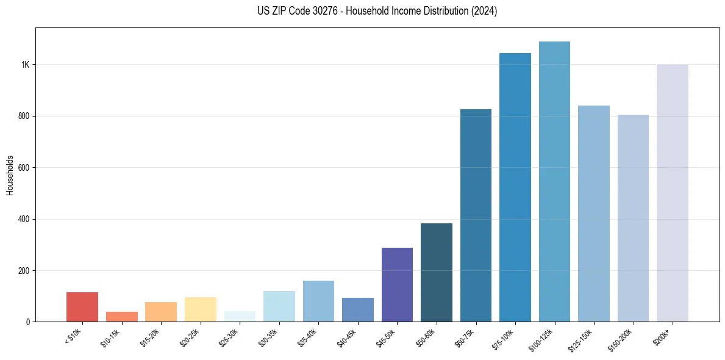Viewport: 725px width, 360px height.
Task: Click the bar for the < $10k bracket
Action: [82, 307]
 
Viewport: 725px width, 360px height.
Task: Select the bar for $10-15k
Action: [122, 317]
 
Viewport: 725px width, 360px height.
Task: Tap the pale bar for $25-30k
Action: [240, 317]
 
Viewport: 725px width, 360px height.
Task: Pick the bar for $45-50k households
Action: [397, 284]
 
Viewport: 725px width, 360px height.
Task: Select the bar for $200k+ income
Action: [672, 193]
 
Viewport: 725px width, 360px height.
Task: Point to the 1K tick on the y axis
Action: [26, 65]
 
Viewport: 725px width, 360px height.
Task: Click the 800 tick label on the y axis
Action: [24, 116]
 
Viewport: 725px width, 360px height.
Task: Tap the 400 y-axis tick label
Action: [24, 219]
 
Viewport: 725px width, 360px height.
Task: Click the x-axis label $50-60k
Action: [426, 337]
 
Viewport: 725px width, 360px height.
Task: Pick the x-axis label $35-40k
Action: [308, 337]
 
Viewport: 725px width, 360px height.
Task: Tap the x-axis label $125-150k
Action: [581, 339]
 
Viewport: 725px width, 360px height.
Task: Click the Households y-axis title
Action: [10, 175]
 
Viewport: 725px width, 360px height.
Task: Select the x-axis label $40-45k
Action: [348, 337]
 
